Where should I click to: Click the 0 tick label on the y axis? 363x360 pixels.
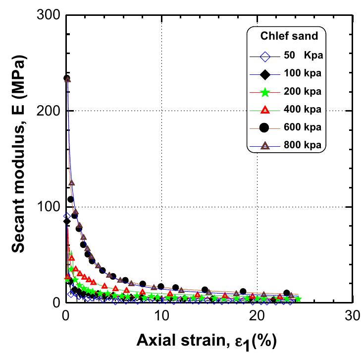point(55,302)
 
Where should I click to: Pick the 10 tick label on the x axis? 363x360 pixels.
point(161,316)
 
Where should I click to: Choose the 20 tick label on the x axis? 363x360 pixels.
point(257,316)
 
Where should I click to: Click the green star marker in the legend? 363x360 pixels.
point(265,92)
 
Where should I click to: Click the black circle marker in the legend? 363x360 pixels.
point(265,127)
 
